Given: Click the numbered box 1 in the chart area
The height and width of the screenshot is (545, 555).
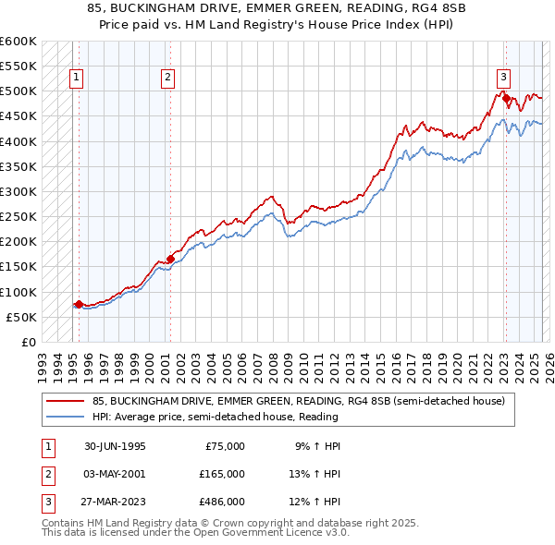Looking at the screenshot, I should pos(75,79).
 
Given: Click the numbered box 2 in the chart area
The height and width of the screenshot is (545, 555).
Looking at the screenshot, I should pos(167,79).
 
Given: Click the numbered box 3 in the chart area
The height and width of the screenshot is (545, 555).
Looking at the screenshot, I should pos(504,79).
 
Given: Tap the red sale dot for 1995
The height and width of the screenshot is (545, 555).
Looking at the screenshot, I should pos(79,303).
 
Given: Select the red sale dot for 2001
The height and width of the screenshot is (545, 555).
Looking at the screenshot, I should pos(170,259).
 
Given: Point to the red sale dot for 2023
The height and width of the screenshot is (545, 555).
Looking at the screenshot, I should pos(506,95).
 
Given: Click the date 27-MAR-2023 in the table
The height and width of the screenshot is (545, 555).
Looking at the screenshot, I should pos(115,502).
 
